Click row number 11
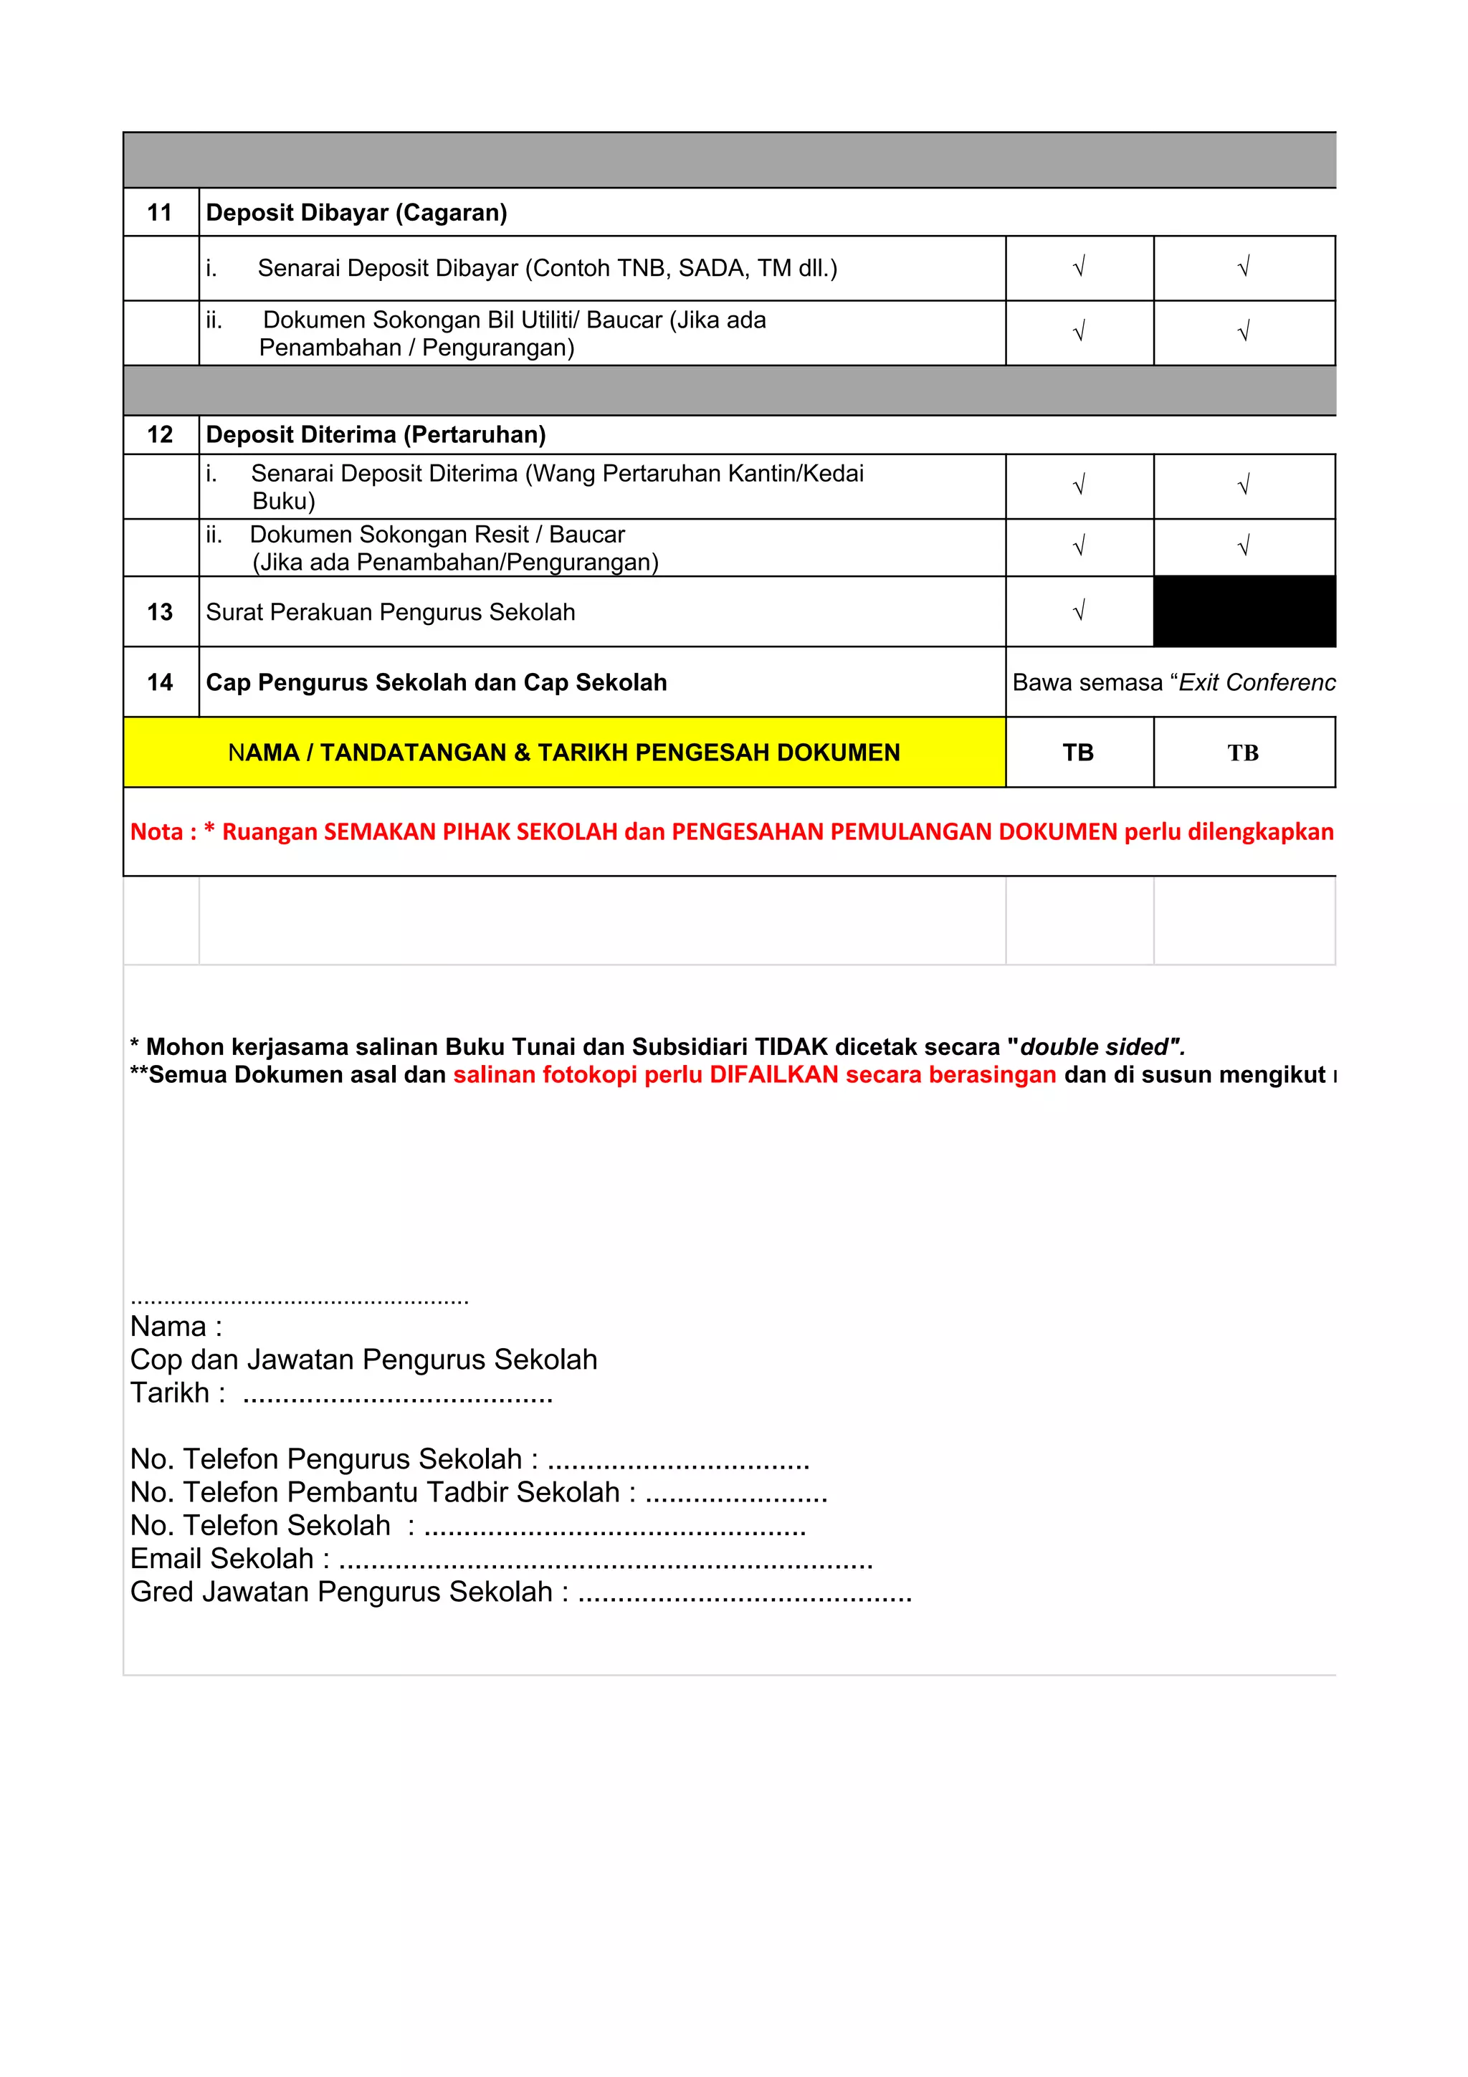[160, 213]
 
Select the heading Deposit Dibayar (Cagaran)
[356, 213]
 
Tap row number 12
[160, 434]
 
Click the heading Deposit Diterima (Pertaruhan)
[376, 434]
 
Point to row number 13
[160, 613]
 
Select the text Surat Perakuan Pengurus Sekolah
[390, 613]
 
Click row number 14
[160, 682]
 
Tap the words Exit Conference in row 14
[1257, 682]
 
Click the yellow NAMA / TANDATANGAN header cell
[563, 753]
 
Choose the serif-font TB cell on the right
[1243, 753]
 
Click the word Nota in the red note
[156, 831]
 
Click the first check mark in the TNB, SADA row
[1078, 268]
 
